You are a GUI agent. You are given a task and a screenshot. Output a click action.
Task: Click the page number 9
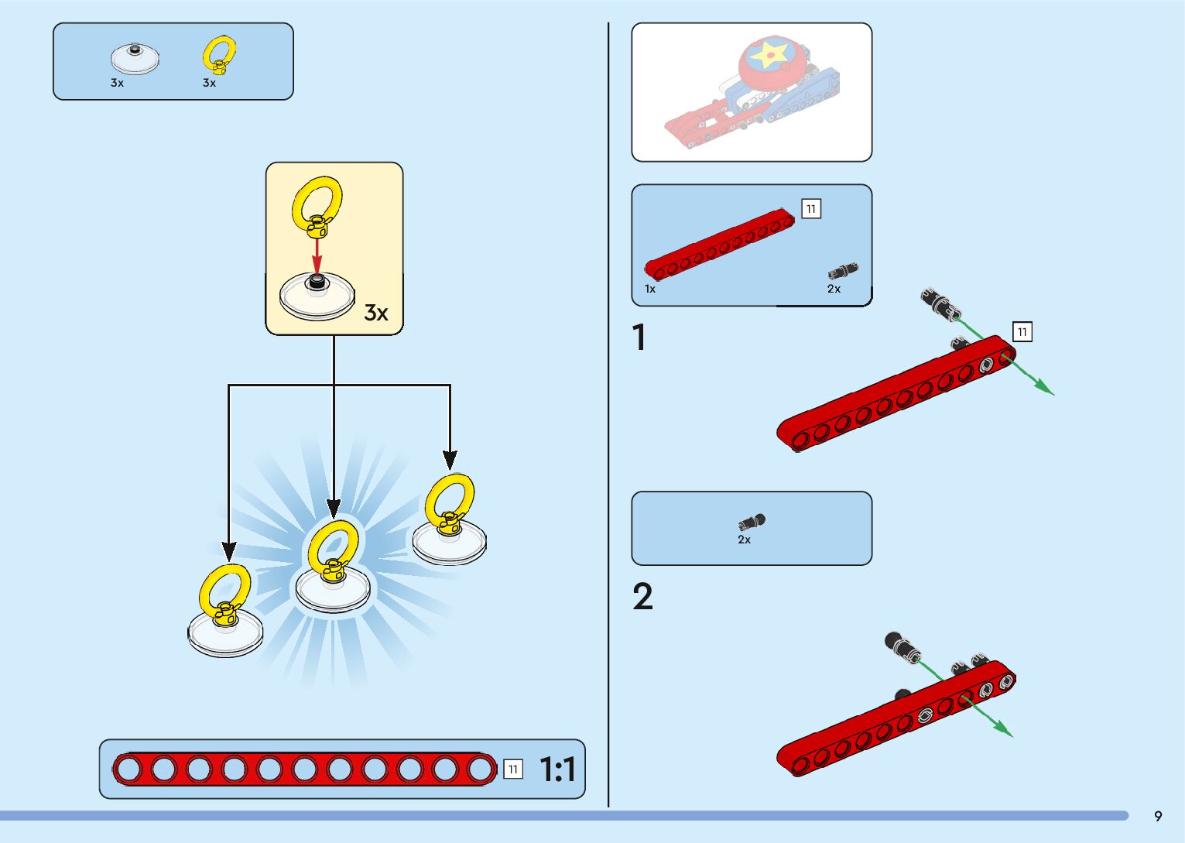tap(1158, 816)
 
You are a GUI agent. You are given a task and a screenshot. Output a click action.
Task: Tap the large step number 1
tap(639, 338)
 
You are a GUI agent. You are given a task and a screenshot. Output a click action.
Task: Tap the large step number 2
tap(642, 598)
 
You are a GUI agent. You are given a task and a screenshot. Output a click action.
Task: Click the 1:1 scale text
tap(557, 769)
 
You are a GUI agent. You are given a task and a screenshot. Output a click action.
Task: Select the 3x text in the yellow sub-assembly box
tap(376, 313)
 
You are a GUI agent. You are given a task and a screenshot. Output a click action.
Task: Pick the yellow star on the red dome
tap(769, 55)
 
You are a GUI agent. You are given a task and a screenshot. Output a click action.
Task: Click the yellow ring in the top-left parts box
tap(219, 54)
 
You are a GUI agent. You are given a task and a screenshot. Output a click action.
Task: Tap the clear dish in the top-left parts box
tap(135, 59)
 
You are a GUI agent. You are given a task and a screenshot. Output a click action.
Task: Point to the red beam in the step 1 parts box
tap(720, 245)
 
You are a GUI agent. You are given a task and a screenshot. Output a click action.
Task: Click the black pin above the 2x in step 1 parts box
tap(842, 272)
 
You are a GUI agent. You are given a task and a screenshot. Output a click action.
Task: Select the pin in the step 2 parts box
tap(752, 523)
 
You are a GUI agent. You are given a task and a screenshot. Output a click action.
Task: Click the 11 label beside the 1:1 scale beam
tap(512, 769)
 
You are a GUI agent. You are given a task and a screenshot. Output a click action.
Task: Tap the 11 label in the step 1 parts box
tap(810, 209)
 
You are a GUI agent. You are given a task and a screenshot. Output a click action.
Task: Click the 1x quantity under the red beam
tap(650, 289)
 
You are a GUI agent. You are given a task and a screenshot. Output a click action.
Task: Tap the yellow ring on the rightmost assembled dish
tap(450, 499)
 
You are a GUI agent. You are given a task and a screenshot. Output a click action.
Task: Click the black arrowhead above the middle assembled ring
tap(334, 509)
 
